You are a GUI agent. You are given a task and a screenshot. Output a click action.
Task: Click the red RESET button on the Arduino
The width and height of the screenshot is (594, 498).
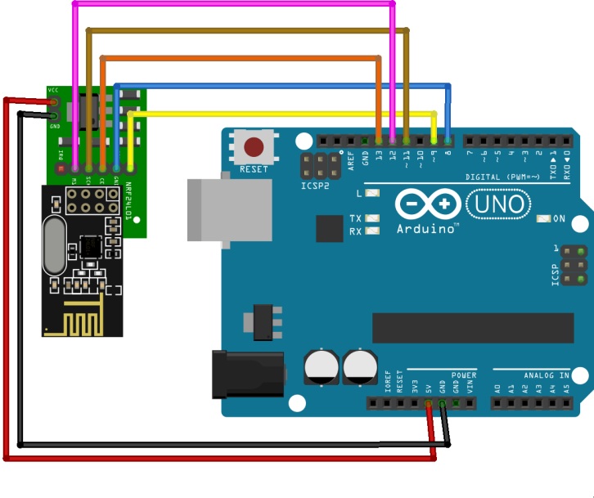pyautogui.click(x=254, y=148)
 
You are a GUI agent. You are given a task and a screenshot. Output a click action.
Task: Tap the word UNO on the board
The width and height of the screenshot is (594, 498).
pyautogui.click(x=502, y=203)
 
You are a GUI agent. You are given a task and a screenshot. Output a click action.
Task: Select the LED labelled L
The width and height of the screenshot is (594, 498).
pyautogui.click(x=372, y=194)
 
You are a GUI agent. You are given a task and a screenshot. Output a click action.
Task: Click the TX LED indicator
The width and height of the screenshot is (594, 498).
pyautogui.click(x=372, y=219)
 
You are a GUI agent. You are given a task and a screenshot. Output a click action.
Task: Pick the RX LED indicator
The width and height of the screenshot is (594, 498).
pyautogui.click(x=372, y=231)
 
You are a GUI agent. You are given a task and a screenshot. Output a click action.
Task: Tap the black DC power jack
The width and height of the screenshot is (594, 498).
pyautogui.click(x=248, y=374)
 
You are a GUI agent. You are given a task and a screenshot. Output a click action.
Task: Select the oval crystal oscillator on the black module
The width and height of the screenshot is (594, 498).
pyautogui.click(x=56, y=246)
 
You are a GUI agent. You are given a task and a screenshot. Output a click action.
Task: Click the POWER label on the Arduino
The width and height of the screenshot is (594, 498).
pyautogui.click(x=463, y=375)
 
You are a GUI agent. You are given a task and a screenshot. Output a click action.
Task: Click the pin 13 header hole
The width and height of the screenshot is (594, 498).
pyautogui.click(x=379, y=141)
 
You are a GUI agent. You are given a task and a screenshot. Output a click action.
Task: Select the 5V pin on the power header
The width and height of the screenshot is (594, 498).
pyautogui.click(x=428, y=403)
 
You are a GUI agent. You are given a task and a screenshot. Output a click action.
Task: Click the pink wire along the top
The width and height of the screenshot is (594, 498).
pyautogui.click(x=237, y=4)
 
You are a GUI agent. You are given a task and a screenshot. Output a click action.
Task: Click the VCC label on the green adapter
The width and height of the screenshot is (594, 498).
pyautogui.click(x=53, y=89)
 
